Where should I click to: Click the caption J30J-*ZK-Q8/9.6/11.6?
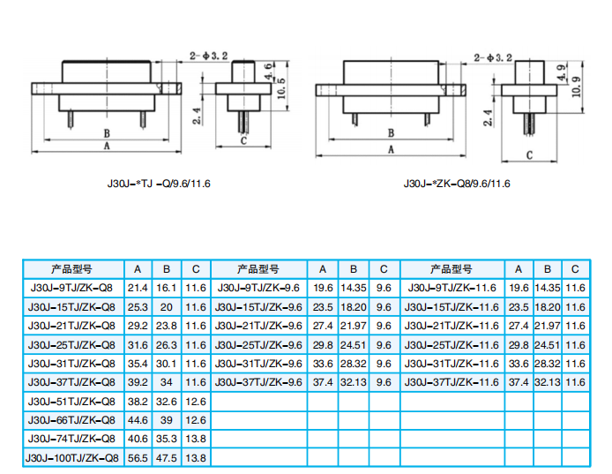tap(456, 184)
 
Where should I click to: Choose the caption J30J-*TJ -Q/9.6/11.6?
tap(159, 184)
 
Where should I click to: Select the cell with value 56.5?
tap(138, 458)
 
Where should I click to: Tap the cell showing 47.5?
tap(167, 458)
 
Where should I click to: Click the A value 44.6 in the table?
tap(138, 420)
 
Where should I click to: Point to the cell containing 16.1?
tap(167, 288)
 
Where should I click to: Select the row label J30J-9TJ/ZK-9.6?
tap(257, 288)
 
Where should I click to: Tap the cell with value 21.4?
tap(138, 288)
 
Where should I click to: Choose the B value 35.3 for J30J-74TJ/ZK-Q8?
tap(167, 439)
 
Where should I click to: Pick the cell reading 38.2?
tap(138, 401)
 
